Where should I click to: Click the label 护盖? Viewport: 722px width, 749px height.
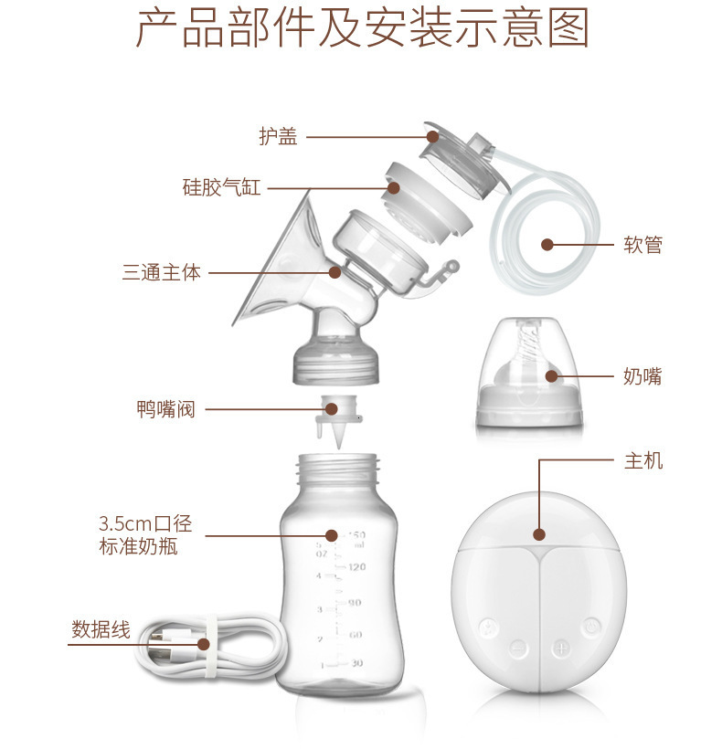278,137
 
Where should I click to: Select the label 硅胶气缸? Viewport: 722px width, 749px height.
221,188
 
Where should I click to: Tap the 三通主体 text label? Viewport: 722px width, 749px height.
162,271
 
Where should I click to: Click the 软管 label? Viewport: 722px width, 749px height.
642,245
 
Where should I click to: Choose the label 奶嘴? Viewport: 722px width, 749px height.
642,376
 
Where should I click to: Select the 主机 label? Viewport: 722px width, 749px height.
642,461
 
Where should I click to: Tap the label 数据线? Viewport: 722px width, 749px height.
101,629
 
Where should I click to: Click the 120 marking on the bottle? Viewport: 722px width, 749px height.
356,567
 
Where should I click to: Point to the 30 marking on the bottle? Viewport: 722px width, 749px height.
356,664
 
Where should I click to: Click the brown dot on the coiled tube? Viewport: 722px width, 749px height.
547,245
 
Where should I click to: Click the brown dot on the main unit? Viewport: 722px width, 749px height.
539,534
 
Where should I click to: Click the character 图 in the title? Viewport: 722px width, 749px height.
568,29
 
